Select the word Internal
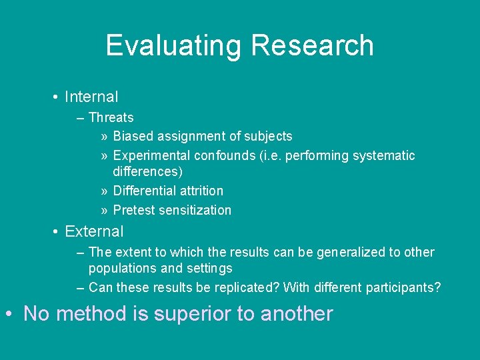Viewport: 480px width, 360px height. coord(91,97)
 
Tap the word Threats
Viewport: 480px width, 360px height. coord(111,118)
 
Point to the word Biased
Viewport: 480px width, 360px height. coord(133,137)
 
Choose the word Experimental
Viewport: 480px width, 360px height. coord(152,156)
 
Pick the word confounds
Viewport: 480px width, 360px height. coord(223,156)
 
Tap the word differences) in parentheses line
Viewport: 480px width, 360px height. coord(148,172)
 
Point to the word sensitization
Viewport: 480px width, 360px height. coord(196,210)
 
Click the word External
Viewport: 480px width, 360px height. coord(94,232)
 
